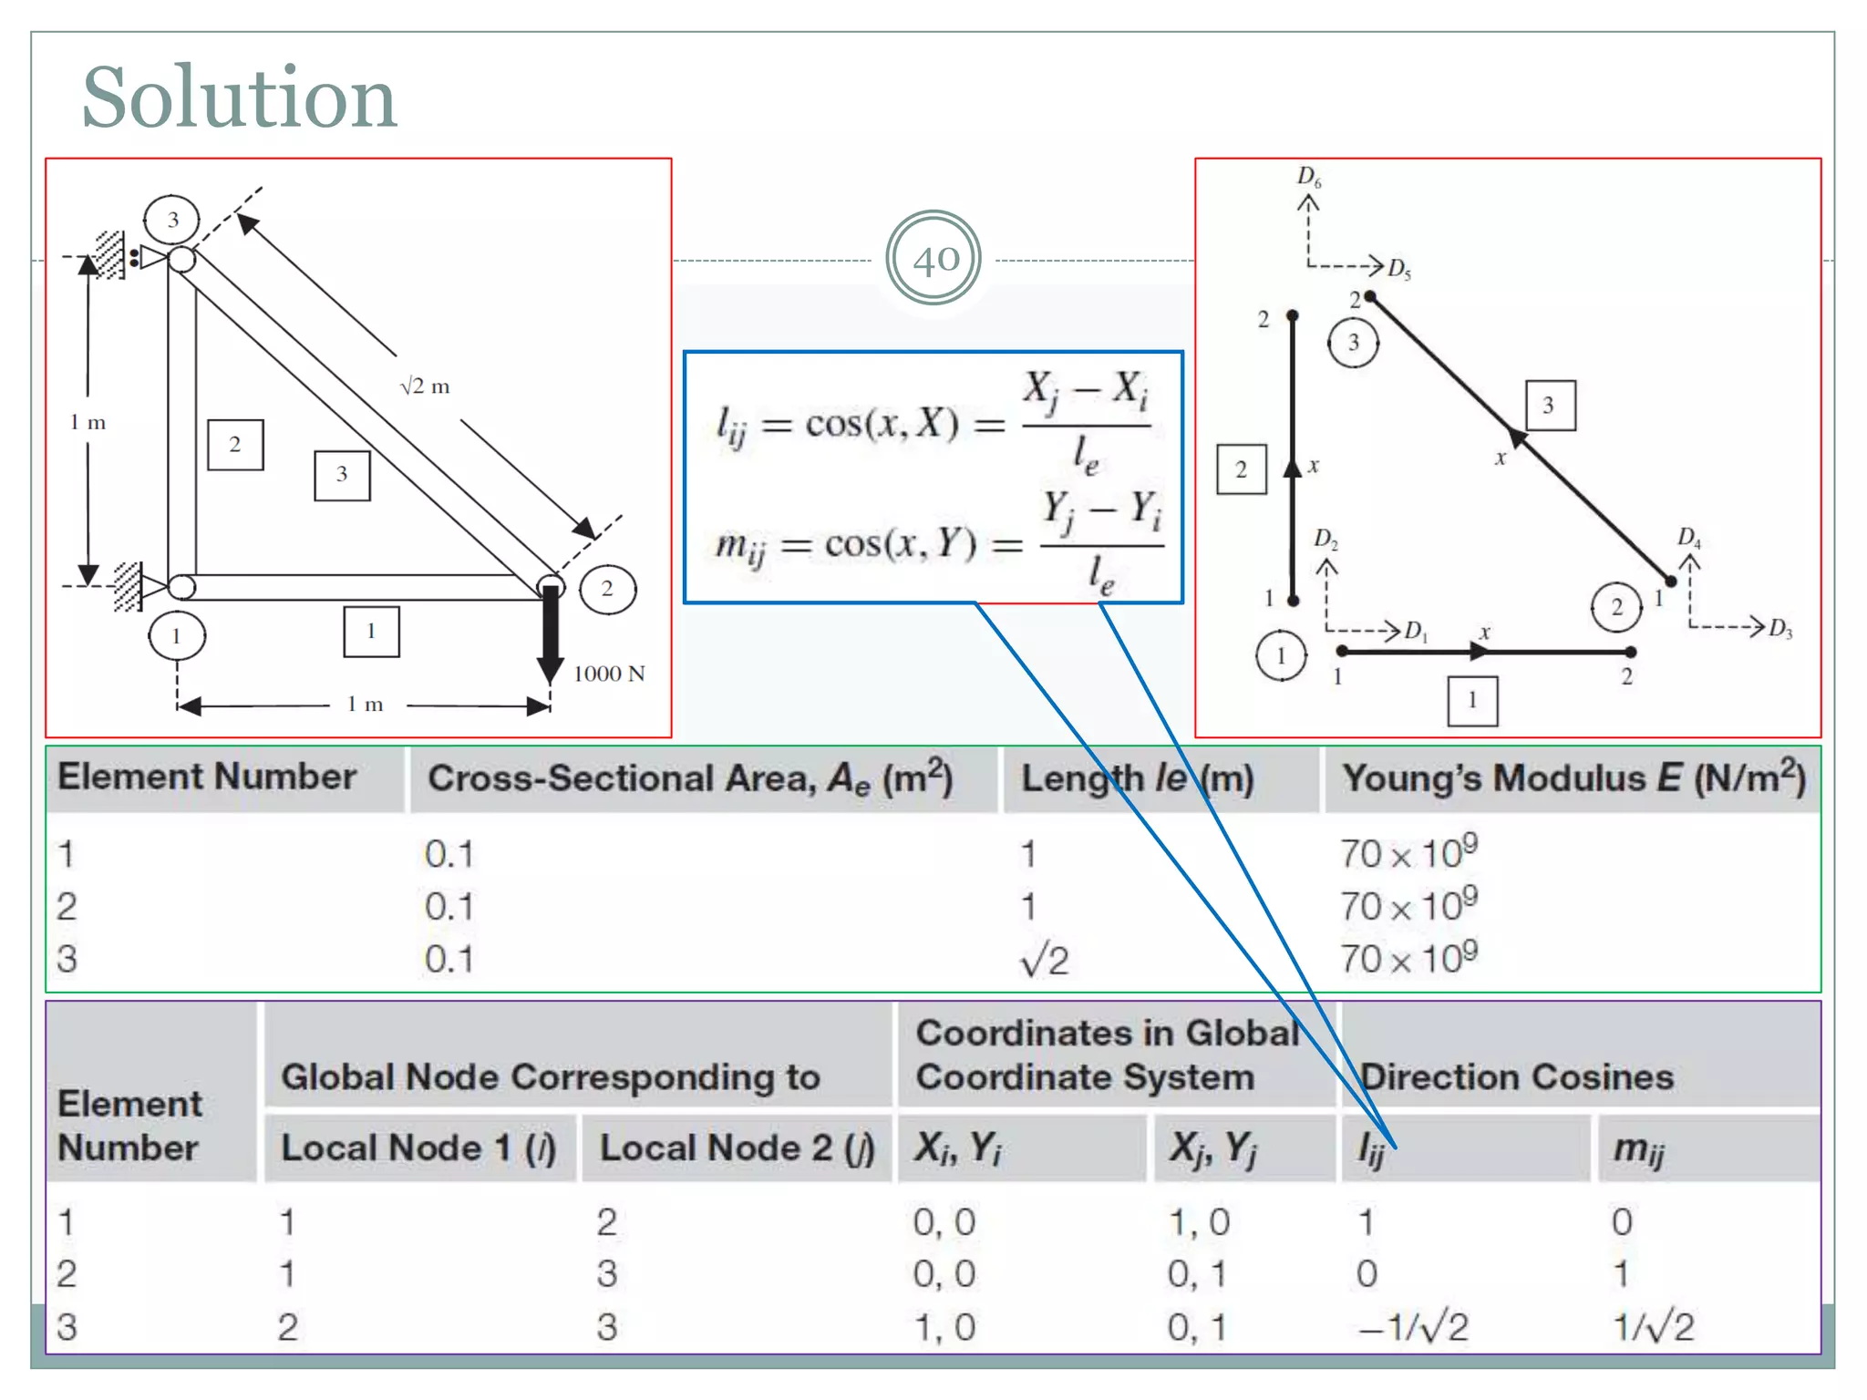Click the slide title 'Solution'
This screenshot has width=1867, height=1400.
(x=239, y=98)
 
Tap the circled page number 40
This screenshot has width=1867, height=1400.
(x=933, y=259)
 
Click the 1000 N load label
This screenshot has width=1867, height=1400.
(x=609, y=674)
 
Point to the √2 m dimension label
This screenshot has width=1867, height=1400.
(x=425, y=386)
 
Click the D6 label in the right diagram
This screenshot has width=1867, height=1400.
(x=1309, y=176)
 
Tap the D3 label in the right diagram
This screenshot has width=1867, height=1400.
(x=1779, y=628)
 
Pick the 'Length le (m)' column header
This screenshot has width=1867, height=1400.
(x=1137, y=778)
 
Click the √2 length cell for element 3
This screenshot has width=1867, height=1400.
(x=1044, y=961)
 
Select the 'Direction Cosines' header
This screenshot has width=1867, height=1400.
(x=1517, y=1077)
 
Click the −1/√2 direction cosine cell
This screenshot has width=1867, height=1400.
(x=1413, y=1327)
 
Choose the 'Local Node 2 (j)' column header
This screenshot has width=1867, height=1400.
(x=737, y=1148)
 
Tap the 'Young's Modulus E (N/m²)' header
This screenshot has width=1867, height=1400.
(x=1573, y=778)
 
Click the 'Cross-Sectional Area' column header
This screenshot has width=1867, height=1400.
(x=690, y=778)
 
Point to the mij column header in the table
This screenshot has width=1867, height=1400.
(x=1638, y=1148)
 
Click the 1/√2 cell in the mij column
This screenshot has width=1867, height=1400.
(x=1653, y=1327)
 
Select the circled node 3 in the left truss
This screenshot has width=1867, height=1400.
(x=172, y=220)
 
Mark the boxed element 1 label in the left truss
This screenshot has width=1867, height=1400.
(x=371, y=631)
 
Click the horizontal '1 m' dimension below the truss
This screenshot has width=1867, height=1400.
(x=365, y=705)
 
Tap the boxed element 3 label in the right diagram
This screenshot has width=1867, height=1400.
(x=1550, y=405)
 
